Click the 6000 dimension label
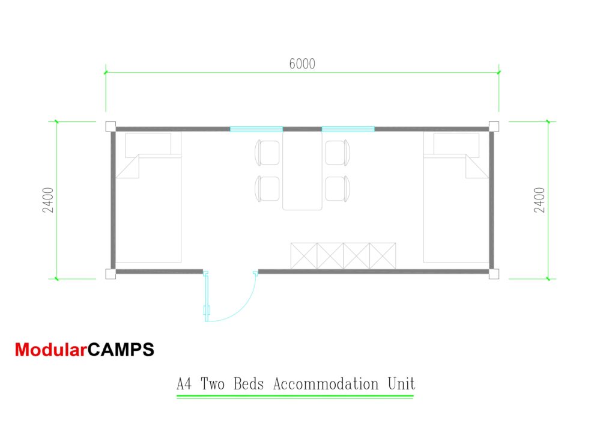click(x=302, y=64)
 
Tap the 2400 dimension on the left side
click(x=48, y=200)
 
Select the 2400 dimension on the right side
click(x=539, y=200)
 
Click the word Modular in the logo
click(x=50, y=350)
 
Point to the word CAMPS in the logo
click(x=121, y=350)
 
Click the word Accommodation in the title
click(x=326, y=383)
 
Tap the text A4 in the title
click(x=184, y=383)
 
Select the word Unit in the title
click(x=401, y=383)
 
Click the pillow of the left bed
click(x=148, y=145)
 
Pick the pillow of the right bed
click(x=456, y=145)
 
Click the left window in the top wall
click(x=256, y=129)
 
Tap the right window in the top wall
click(x=348, y=129)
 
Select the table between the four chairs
click(x=303, y=171)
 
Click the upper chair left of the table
click(x=267, y=153)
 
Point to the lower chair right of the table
click(x=338, y=189)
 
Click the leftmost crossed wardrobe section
click(x=303, y=256)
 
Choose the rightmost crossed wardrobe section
click(x=383, y=256)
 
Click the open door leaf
click(x=207, y=296)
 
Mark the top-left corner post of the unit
click(x=111, y=126)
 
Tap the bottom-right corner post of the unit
click(x=494, y=274)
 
